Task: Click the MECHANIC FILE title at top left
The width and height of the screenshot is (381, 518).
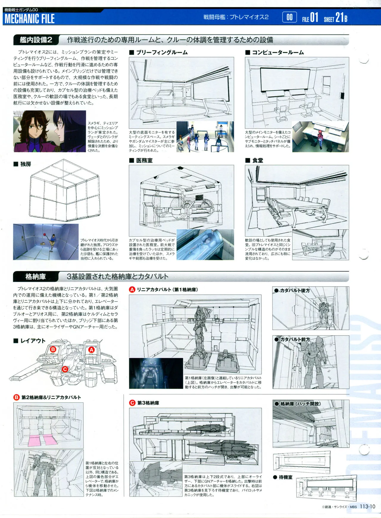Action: click(29, 19)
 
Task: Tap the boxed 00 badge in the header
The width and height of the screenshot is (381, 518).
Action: click(289, 17)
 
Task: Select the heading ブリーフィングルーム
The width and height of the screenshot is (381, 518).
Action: click(162, 53)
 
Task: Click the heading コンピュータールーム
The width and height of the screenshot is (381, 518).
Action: click(278, 53)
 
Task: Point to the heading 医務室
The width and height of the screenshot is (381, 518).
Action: click(144, 161)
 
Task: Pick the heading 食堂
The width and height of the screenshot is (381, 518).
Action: click(257, 161)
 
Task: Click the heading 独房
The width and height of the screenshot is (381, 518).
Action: click(26, 164)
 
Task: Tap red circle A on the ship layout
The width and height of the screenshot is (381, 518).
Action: click(91, 350)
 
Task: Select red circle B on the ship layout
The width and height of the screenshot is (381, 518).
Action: click(53, 349)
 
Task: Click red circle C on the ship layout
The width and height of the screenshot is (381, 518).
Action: click(65, 369)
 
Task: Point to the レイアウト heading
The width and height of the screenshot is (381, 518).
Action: click(33, 341)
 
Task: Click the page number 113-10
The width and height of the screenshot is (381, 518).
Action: click(367, 507)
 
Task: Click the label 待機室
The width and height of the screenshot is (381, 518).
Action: click(285, 477)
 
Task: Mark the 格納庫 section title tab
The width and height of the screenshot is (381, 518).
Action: click(35, 277)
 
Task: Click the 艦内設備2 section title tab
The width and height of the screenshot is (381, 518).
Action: click(36, 40)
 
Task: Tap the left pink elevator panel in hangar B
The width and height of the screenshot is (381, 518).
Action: click(35, 440)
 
